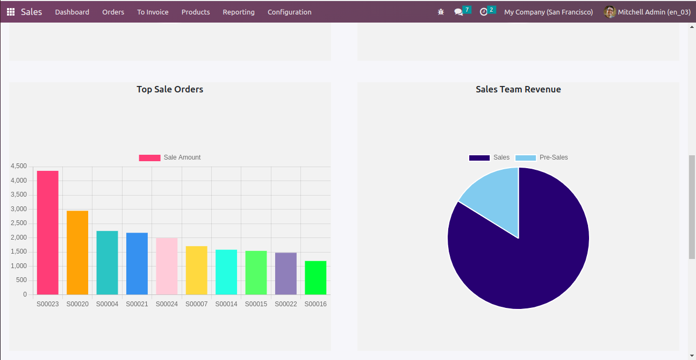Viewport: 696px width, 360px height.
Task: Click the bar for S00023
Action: pyautogui.click(x=48, y=233)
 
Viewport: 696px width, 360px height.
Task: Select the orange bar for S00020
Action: pyautogui.click(x=77, y=253)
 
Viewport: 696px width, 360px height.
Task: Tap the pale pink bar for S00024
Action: pyautogui.click(x=167, y=266)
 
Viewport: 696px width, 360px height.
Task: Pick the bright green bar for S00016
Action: pyautogui.click(x=315, y=278)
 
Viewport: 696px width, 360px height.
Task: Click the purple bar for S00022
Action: pyautogui.click(x=285, y=273)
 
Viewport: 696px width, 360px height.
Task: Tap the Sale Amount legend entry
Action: pyautogui.click(x=170, y=157)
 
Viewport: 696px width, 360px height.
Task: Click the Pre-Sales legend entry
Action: pyautogui.click(x=542, y=157)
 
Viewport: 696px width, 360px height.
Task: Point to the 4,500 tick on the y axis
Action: pyautogui.click(x=18, y=167)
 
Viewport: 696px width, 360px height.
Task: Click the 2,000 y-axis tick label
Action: pyautogui.click(x=18, y=237)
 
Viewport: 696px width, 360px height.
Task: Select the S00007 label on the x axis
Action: pyautogui.click(x=196, y=304)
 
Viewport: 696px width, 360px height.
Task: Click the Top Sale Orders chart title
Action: pyautogui.click(x=170, y=89)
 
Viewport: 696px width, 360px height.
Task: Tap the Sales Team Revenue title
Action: pyautogui.click(x=518, y=89)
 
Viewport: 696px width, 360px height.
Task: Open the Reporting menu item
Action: pyautogui.click(x=239, y=12)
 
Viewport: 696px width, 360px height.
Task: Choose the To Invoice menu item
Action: pyautogui.click(x=153, y=12)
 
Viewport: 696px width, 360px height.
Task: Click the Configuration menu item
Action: pyautogui.click(x=289, y=12)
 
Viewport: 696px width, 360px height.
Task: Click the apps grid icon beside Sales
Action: pyautogui.click(x=11, y=12)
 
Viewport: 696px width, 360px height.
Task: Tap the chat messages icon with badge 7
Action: pyautogui.click(x=458, y=12)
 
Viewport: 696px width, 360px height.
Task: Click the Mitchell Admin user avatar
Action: pyautogui.click(x=609, y=12)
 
